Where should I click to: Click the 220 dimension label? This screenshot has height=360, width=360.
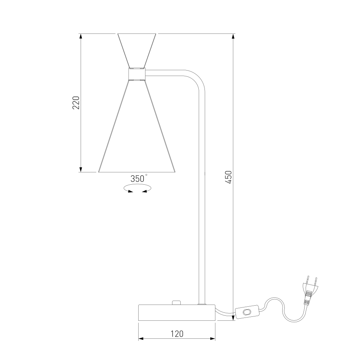click(76, 103)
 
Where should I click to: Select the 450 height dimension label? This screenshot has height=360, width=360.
click(229, 177)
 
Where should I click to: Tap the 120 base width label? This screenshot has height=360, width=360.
click(177, 334)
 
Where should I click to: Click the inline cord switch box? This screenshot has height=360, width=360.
click(247, 312)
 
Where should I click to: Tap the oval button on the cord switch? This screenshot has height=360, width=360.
click(247, 312)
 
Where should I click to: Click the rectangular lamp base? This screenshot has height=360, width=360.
click(177, 312)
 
